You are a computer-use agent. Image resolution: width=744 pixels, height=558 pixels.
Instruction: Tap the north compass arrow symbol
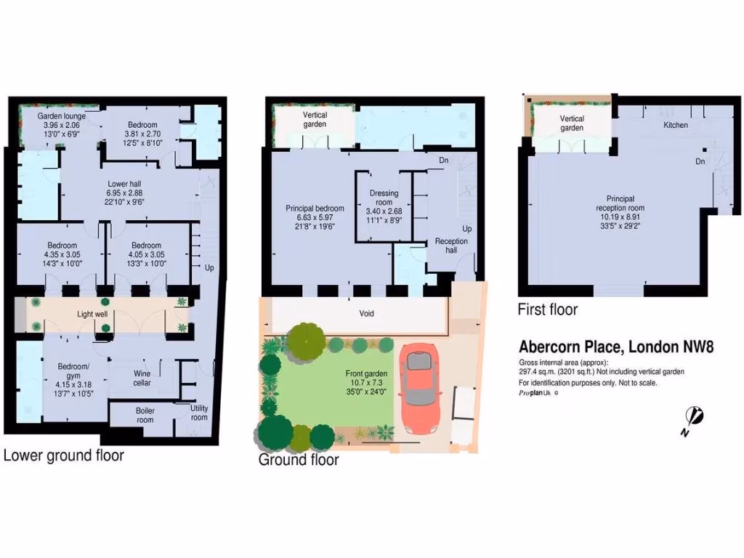coord(695,418)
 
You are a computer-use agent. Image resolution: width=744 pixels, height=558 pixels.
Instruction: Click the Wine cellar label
coord(142,379)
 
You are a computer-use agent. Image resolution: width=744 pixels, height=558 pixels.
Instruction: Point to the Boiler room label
coord(145,415)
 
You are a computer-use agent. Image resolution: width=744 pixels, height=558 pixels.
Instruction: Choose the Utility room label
coord(198,413)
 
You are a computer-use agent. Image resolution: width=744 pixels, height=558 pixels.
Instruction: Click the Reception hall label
coord(451,246)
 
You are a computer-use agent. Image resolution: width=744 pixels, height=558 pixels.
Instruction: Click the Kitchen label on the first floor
coord(675,125)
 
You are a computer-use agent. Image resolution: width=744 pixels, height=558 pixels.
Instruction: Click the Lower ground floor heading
coord(64,456)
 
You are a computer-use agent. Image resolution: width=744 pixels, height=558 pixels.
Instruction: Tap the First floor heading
coord(547,310)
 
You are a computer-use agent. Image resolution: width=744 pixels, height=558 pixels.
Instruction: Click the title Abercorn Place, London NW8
coord(616,347)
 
